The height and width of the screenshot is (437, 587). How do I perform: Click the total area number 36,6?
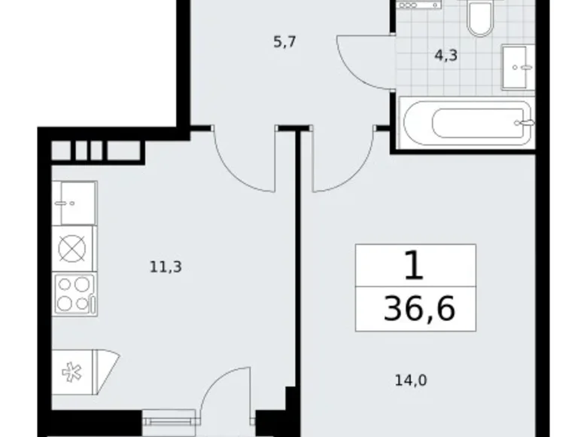pyautogui.click(x=419, y=309)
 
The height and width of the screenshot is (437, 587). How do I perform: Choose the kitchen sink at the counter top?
pyautogui.click(x=74, y=203)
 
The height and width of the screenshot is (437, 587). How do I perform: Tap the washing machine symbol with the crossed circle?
pyautogui.click(x=74, y=248)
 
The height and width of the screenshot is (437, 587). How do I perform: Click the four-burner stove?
pyautogui.click(x=74, y=294)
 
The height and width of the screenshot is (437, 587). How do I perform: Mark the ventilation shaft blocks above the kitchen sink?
pyautogui.click(x=96, y=151)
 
